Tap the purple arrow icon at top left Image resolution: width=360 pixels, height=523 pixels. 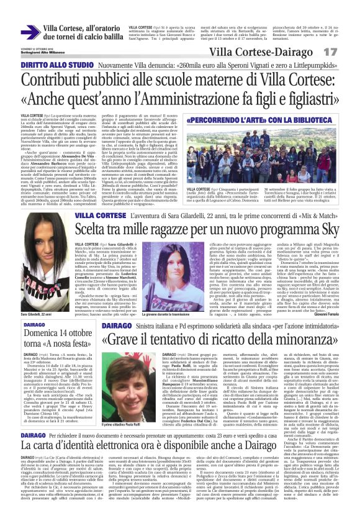click(x=29, y=33)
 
